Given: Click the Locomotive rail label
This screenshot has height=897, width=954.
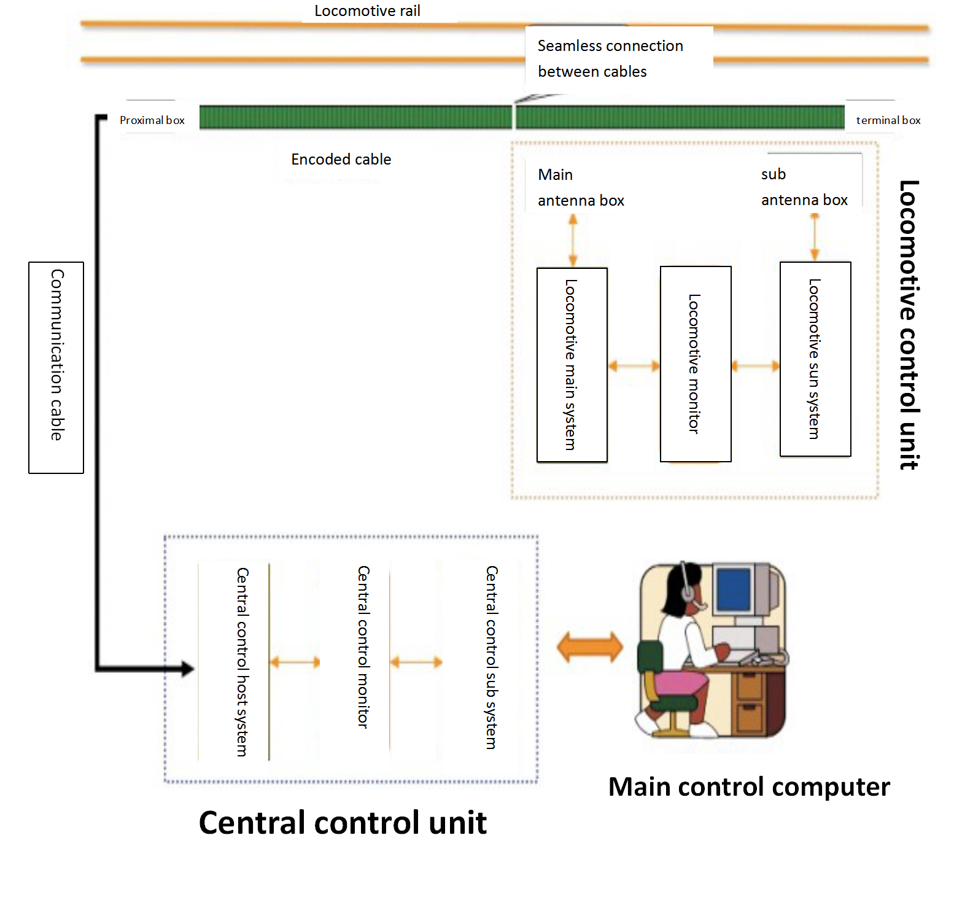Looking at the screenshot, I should pos(367,11).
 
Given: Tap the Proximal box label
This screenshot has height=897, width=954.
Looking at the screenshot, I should pos(152,120).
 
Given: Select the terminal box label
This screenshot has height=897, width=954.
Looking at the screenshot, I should pos(888,120).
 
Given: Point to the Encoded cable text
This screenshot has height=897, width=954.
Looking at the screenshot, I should pos(341,160).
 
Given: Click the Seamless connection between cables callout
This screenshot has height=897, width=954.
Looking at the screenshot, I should pos(610,59).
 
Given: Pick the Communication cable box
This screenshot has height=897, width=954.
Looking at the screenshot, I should pos(56,367).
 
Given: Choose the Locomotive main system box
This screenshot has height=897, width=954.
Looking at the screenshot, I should pos(572,365).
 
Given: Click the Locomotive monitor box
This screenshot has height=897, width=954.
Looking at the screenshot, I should pos(695,364).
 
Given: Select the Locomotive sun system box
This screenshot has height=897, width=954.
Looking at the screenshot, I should pos(815,359).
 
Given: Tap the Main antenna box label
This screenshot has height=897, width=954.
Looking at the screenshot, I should pos(580,188).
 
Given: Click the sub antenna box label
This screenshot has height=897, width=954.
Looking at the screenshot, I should pos(804,187).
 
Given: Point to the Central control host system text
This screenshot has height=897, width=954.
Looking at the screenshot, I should pos(242,661).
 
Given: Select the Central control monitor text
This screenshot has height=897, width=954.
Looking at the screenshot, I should pos(363,647).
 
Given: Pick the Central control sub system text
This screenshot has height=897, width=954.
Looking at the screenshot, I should pos(491,657).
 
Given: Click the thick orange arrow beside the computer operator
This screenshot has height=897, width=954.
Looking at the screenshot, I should pos(589,647).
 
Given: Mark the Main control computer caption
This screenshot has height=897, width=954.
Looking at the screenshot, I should pos(748,787).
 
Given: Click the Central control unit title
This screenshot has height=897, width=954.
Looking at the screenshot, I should pos(343,823).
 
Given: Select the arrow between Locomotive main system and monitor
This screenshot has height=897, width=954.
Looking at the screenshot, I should pos(634,367).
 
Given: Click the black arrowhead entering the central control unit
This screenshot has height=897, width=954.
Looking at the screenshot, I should pos(186,669).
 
